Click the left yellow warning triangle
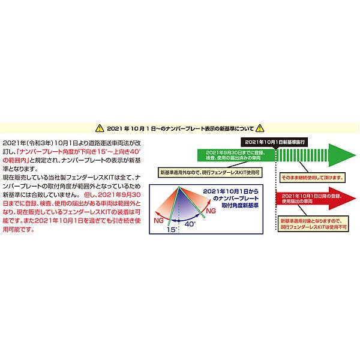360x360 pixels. [x=100, y=128]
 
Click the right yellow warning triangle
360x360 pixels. [x=260, y=128]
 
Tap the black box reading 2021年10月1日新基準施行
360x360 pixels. [x=274, y=142]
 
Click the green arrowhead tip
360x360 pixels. [x=356, y=155]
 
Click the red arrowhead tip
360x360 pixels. [x=356, y=199]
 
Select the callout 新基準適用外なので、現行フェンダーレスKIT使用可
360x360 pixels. [x=210, y=172]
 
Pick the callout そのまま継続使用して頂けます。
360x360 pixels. [x=313, y=178]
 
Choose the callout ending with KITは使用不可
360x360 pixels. [x=313, y=224]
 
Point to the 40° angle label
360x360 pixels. [x=190, y=224]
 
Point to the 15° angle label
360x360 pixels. [x=172, y=229]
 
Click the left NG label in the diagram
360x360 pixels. [x=158, y=220]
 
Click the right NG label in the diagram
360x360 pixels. [x=211, y=211]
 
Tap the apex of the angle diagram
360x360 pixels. [x=179, y=187]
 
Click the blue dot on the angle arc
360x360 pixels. [x=179, y=221]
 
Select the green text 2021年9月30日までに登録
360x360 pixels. [x=236, y=152]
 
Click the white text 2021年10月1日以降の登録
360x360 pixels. [x=311, y=196]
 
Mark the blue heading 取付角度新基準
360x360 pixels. [x=240, y=205]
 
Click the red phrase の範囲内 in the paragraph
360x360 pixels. [x=15, y=160]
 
